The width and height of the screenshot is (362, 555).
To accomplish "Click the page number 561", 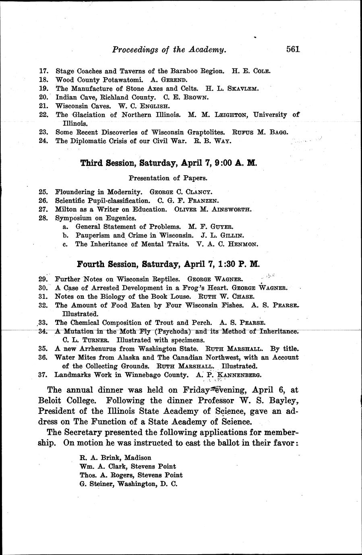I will [293, 49].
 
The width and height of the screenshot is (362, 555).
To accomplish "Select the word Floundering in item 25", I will [74, 192].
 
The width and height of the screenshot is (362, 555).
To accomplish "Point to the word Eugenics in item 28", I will [122, 218].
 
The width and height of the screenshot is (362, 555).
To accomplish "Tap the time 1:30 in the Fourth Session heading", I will [221, 264].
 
